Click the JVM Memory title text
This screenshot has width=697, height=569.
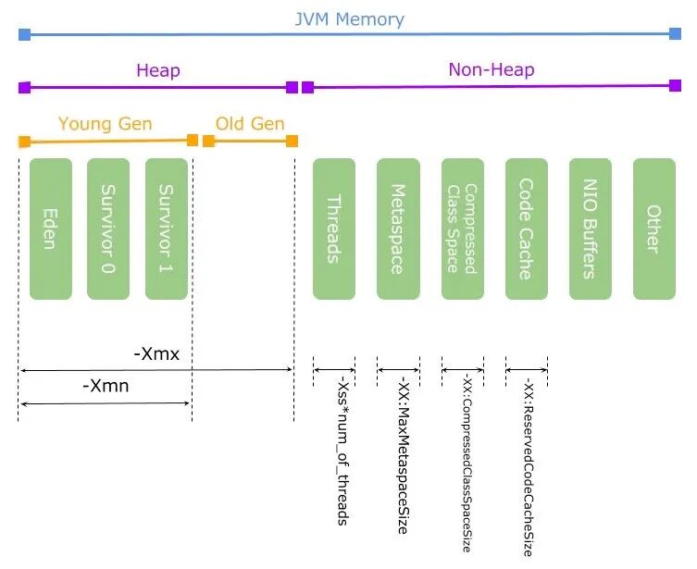point(348,19)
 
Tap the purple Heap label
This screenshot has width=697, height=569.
point(157,70)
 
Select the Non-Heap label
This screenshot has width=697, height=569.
point(491,69)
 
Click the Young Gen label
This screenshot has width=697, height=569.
point(105,124)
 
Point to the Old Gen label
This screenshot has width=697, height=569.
point(250,124)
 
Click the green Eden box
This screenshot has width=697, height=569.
point(51,229)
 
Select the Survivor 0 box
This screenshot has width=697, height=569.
point(108,229)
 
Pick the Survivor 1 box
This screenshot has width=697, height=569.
point(167,229)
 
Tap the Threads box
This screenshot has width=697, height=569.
point(333,229)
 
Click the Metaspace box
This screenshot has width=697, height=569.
point(398,229)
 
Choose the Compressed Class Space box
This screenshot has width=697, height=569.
point(462,229)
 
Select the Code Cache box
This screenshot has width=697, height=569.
point(526,229)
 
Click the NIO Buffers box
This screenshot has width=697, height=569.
point(590,229)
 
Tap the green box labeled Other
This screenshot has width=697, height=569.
point(653,229)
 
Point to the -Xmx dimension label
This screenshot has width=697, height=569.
point(156,353)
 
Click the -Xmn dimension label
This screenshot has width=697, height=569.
point(105,386)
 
